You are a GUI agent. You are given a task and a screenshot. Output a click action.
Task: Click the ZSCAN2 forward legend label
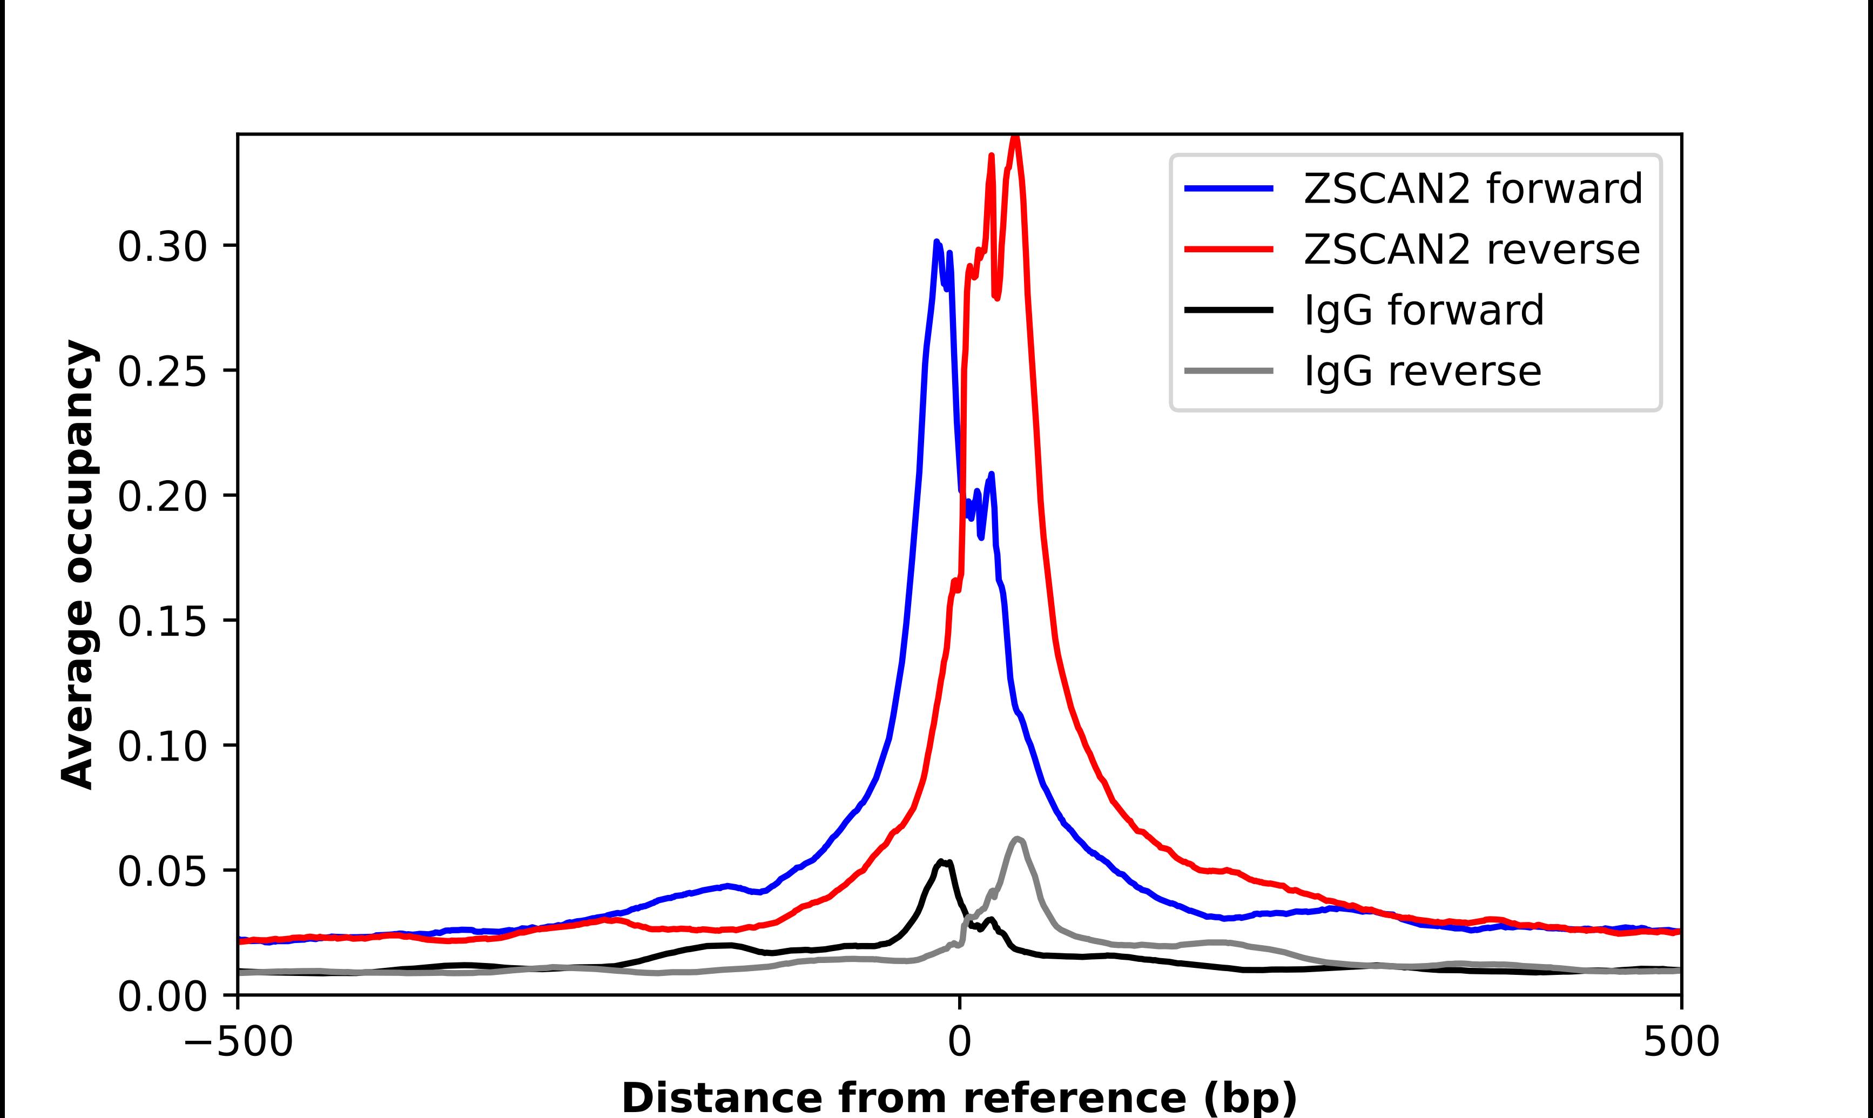1472,188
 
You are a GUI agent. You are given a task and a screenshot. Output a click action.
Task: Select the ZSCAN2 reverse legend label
1471,250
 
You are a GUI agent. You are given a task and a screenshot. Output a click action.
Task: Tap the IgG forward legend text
1424,311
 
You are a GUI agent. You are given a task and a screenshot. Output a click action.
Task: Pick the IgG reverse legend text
1422,372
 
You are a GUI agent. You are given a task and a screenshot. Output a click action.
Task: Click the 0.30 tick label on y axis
162,247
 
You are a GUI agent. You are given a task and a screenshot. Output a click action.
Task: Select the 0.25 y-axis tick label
162,372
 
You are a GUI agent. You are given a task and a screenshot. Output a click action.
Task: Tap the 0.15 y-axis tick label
162,622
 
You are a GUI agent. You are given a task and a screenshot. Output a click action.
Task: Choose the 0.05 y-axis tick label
162,872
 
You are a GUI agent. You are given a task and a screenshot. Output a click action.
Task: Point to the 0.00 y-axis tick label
162,996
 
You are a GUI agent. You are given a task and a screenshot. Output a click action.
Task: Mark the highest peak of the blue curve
936,242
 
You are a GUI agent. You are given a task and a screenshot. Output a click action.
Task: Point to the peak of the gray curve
1018,838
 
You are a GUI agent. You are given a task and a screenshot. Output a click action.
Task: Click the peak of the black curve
941,860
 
